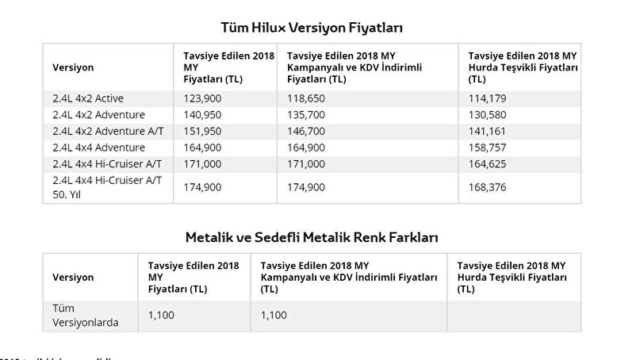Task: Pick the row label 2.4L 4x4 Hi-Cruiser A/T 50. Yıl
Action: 107,186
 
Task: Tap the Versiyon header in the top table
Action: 73,67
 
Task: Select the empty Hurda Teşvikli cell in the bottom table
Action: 513,315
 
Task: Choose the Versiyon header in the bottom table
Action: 73,278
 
